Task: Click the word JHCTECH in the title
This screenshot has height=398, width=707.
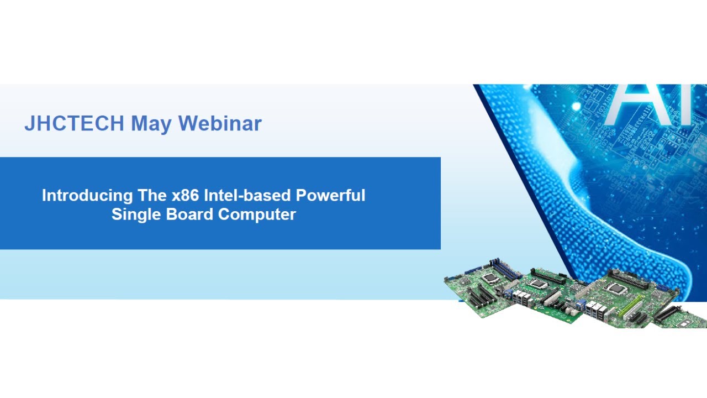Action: pyautogui.click(x=74, y=123)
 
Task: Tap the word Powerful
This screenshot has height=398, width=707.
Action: pyautogui.click(x=330, y=195)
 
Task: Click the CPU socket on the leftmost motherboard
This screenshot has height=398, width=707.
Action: pyautogui.click(x=490, y=277)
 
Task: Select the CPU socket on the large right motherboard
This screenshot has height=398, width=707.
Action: pyautogui.click(x=614, y=288)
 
